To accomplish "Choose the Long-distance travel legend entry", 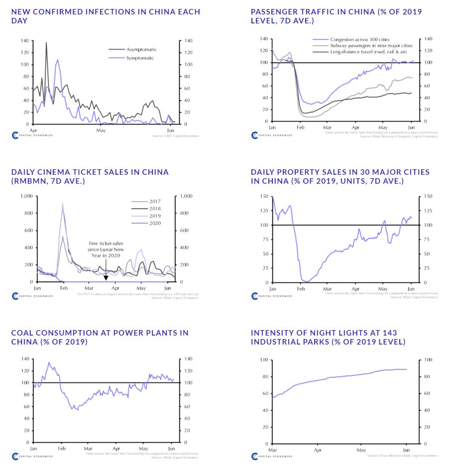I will click(368, 52).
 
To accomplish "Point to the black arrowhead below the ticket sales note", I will click(106, 278).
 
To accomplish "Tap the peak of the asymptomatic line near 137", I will click(46, 43).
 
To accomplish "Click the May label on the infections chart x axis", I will click(101, 130).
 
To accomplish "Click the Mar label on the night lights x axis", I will click(272, 450).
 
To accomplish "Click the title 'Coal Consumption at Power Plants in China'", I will click(100, 337).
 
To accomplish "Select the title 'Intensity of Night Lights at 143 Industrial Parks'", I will click(328, 337).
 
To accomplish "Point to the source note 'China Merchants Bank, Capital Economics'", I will click(402, 456).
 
